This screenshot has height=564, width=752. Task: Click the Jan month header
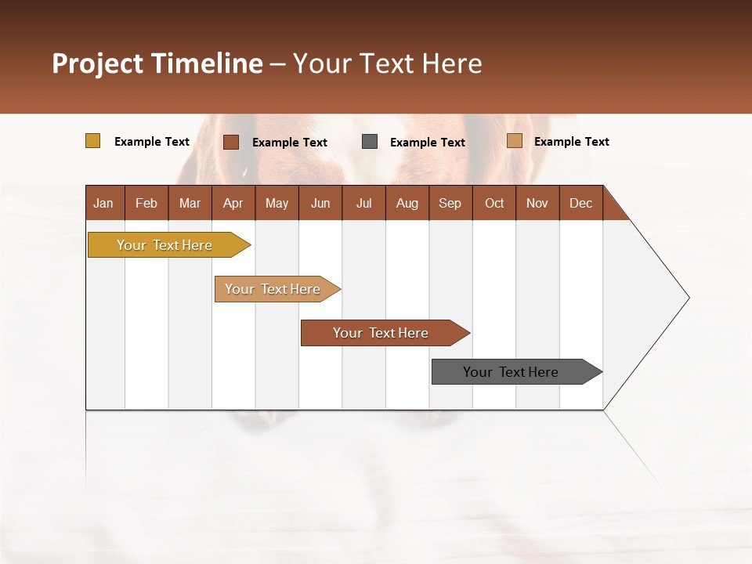(104, 204)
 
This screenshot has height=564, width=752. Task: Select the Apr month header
(233, 204)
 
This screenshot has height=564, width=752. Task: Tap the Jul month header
(363, 204)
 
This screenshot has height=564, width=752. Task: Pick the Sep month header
(450, 204)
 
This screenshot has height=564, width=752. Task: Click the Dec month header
(580, 204)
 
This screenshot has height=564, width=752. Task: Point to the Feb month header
(146, 204)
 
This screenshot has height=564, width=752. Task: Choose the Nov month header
(537, 204)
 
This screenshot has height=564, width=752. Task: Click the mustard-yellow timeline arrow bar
(164, 245)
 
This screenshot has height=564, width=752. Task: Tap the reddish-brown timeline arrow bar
(381, 333)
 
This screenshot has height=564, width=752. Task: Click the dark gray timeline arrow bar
(512, 372)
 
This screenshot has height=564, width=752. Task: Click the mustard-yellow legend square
(93, 141)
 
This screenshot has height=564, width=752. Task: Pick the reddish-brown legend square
(231, 142)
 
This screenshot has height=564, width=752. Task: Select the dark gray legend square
(370, 142)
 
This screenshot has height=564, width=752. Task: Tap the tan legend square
(515, 141)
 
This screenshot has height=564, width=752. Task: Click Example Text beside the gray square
(427, 143)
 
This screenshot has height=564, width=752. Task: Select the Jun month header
(320, 204)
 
